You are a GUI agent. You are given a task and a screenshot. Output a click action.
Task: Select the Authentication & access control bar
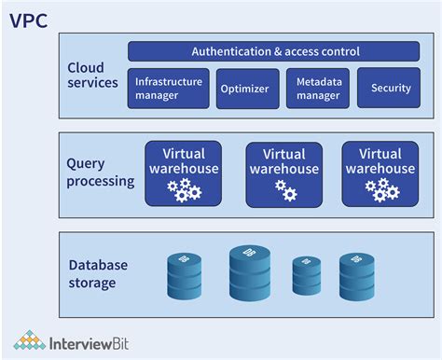coord(275,51)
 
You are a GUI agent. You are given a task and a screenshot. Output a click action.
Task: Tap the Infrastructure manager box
coord(169,89)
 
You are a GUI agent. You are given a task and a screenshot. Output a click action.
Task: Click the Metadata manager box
coord(317,89)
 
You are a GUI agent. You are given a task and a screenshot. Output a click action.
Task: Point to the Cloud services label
coord(93,75)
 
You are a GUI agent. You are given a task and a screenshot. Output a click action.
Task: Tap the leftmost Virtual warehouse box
coord(184,173)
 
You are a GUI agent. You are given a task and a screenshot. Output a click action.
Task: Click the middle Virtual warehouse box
coord(284,173)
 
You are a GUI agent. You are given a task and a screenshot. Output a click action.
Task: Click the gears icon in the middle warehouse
coord(285,191)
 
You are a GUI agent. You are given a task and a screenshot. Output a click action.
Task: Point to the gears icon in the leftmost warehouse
coord(184,191)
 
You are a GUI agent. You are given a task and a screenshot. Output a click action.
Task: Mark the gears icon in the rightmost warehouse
coord(381,191)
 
